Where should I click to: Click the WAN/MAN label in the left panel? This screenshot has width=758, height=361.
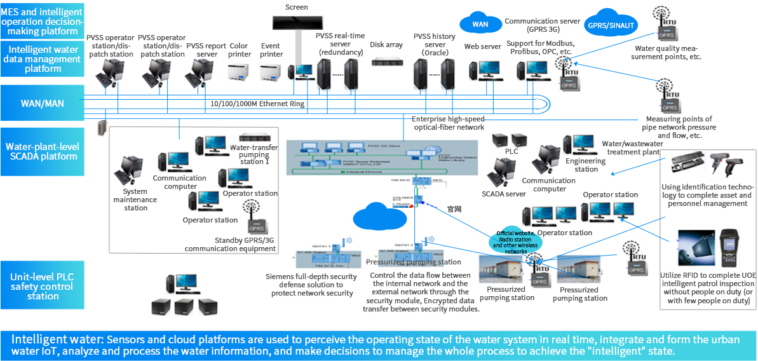tap(42, 103)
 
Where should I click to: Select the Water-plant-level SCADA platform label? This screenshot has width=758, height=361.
tap(42, 151)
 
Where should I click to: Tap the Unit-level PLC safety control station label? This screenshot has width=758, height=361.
tap(43, 287)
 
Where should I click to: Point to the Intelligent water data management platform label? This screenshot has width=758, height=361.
tap(43, 59)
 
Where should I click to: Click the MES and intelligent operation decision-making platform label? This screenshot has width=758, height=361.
tap(41, 22)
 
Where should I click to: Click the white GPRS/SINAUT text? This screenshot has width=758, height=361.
tap(611, 25)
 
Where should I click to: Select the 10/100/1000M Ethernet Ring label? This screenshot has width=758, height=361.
tap(257, 104)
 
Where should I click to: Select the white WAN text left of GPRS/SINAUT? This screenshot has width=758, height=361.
tap(480, 24)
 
